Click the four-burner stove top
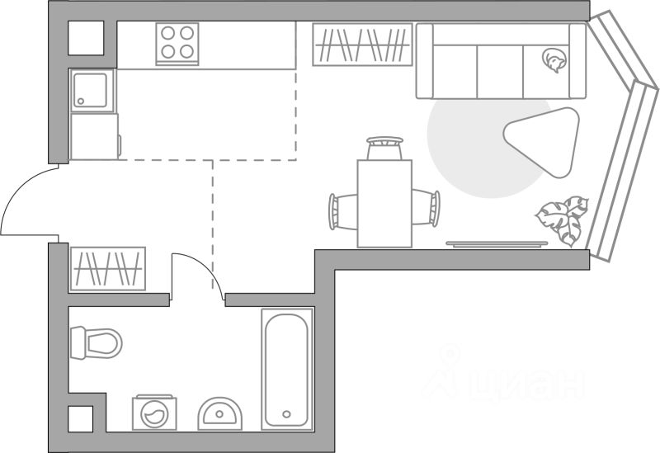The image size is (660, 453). point(178,43)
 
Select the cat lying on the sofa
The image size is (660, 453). point(553,60)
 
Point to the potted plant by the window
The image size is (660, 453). point(563,219)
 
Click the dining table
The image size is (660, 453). point(384,203)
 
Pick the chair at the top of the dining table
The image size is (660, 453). point(384,149)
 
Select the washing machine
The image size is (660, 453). point(153,412)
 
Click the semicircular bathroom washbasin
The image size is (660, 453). point(220,413)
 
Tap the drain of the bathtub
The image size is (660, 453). point(287,414)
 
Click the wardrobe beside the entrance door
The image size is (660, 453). point(108,268)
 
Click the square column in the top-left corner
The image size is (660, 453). point(86,38)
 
